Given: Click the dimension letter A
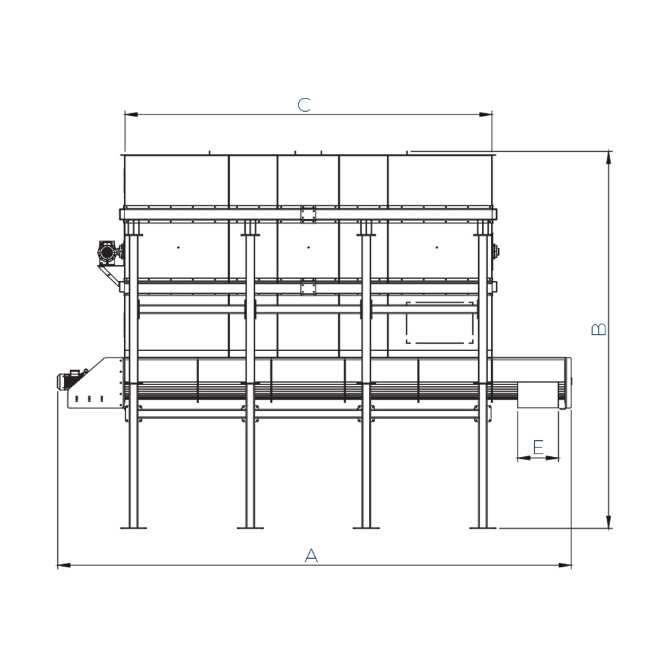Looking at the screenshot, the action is [311, 555].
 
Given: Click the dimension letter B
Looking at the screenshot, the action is [599, 329].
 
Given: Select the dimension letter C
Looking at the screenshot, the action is [304, 105].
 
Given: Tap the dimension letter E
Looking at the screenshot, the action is [538, 448].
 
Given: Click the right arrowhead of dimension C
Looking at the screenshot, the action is [486, 115].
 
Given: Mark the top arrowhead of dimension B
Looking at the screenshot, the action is [609, 157].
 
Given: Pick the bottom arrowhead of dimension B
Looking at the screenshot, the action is [609, 522].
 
